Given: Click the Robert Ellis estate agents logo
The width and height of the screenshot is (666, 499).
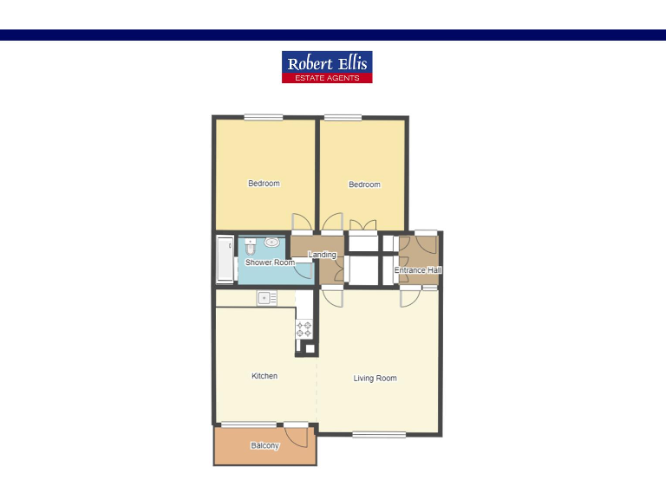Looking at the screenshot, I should click(327, 67).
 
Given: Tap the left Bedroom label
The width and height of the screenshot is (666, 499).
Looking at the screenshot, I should click(264, 184).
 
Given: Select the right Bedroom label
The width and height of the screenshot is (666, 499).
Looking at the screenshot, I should click(364, 185).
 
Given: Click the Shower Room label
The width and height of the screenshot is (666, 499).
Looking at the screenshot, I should click(270, 262).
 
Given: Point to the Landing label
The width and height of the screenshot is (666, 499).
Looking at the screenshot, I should click(322, 255).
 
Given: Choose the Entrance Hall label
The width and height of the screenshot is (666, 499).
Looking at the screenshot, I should click(418, 270).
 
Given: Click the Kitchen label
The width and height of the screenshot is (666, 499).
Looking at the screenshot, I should click(264, 376).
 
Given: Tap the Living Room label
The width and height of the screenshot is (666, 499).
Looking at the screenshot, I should click(375, 379).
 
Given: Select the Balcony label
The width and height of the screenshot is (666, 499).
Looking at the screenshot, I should click(264, 446).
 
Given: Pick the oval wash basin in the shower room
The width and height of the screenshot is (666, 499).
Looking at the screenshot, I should click(271, 243).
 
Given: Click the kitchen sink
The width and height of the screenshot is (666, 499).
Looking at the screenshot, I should click(266, 299).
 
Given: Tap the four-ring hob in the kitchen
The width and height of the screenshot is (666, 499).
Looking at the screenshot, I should click(304, 329).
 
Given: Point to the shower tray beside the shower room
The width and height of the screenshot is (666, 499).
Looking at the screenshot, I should click(225, 258).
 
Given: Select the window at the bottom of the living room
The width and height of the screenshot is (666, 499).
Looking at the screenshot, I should click(379, 434).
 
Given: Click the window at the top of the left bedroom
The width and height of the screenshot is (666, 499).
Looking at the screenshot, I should click(263, 118).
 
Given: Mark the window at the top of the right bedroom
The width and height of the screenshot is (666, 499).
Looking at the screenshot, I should click(343, 118).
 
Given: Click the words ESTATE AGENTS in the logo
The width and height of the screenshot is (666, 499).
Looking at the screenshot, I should click(327, 78).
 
